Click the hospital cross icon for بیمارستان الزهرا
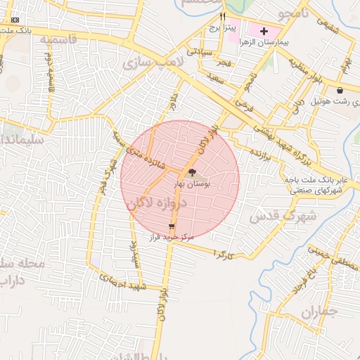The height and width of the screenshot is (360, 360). coord(264,31)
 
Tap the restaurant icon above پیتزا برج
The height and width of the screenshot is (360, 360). coord(222,16)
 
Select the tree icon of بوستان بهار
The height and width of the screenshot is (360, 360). coord(192,172)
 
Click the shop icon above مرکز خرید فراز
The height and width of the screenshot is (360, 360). coord(172,226)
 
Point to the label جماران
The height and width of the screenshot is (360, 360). coord(320,311)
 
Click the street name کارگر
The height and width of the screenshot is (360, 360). coord(220,252)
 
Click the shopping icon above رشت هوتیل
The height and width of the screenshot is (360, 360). coord(340,90)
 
